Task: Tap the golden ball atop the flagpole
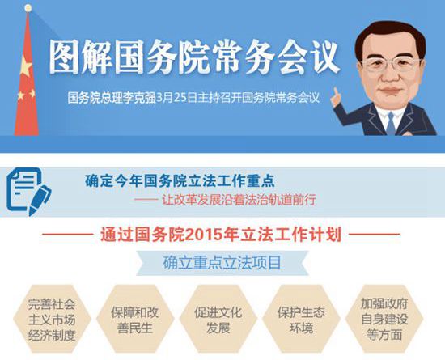[x=28, y=8]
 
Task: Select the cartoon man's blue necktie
[x=391, y=124]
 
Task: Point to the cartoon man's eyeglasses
[x=392, y=65]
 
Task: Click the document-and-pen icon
[x=29, y=192]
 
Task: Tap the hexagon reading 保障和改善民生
[x=135, y=319]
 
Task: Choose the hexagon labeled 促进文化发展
[x=218, y=319]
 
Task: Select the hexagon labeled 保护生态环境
[x=302, y=319]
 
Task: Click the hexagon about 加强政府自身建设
[x=384, y=319]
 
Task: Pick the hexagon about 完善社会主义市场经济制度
[x=52, y=319]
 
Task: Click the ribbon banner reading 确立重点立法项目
[x=222, y=263]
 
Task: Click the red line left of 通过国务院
[x=68, y=235]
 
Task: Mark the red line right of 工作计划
[x=374, y=235]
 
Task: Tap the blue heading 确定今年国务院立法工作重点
[x=180, y=180]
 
